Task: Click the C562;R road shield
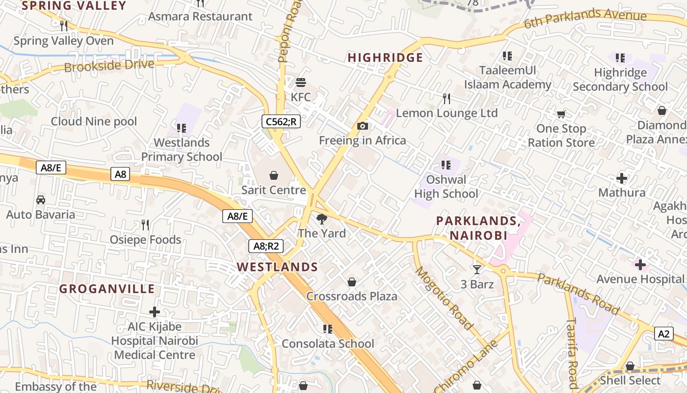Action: coord(281,121)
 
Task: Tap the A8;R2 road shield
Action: coord(266,246)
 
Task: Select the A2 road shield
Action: coord(663,334)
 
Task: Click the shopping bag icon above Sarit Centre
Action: coord(274,175)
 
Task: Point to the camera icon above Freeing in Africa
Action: coord(363,126)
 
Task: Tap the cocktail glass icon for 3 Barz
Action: coord(476,269)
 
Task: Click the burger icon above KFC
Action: coord(301,82)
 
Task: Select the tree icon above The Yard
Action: coord(322,219)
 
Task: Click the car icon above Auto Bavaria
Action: coord(41,200)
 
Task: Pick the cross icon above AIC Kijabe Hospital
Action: coord(155,312)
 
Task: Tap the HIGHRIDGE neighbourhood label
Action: coord(385,58)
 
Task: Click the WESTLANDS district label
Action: coord(277,267)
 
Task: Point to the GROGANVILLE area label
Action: coord(107,289)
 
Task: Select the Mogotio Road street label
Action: coord(445,298)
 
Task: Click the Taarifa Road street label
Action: coord(572,352)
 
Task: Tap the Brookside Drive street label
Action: coord(109,65)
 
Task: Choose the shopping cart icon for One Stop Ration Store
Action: coord(561,114)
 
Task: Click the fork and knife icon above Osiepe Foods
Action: coord(145,225)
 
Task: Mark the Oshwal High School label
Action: coord(446,187)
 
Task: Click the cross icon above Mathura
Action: coord(622,178)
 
